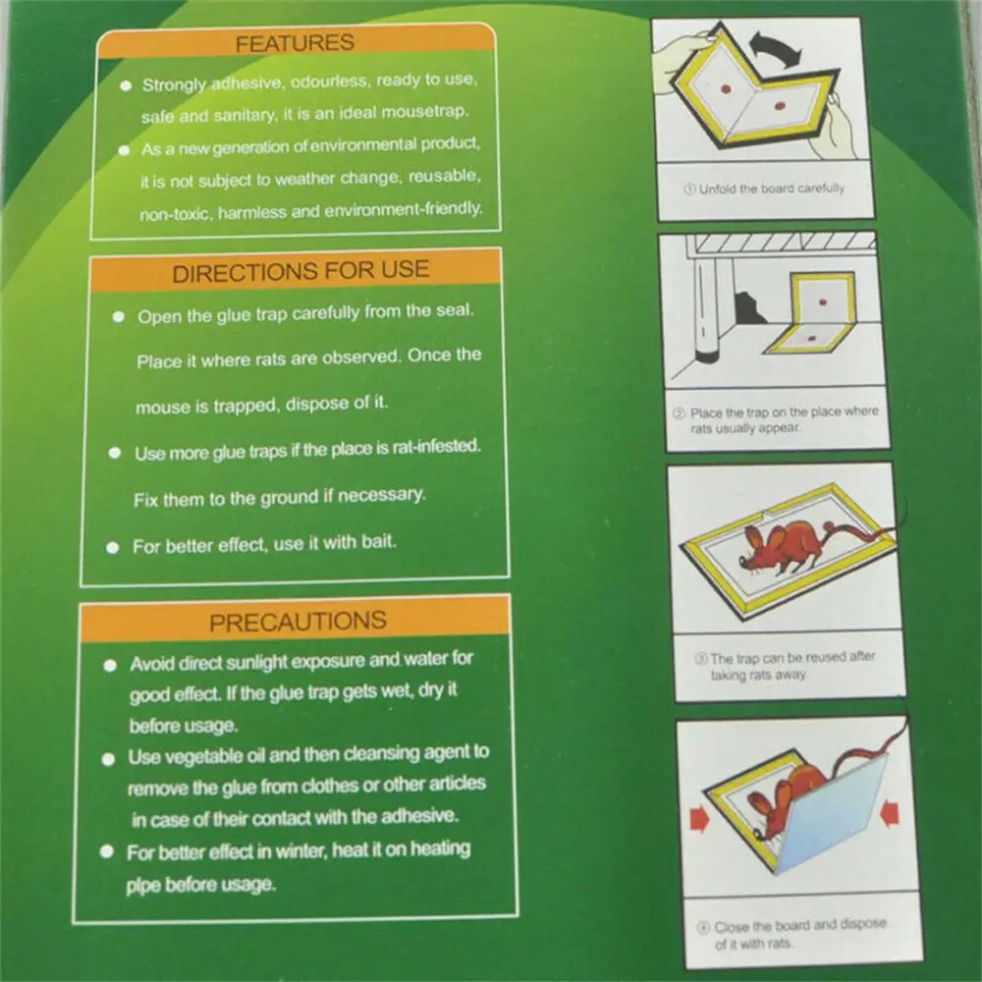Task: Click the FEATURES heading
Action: (x=295, y=42)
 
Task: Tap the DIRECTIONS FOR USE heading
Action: (x=300, y=271)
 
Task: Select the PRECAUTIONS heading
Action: (x=299, y=622)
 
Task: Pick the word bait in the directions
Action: (x=378, y=540)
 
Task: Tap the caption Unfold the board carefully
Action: (x=771, y=189)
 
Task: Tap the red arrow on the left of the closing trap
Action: (x=699, y=820)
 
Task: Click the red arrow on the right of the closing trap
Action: (x=890, y=812)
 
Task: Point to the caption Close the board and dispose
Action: (x=799, y=926)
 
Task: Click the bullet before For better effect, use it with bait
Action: (x=113, y=548)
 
